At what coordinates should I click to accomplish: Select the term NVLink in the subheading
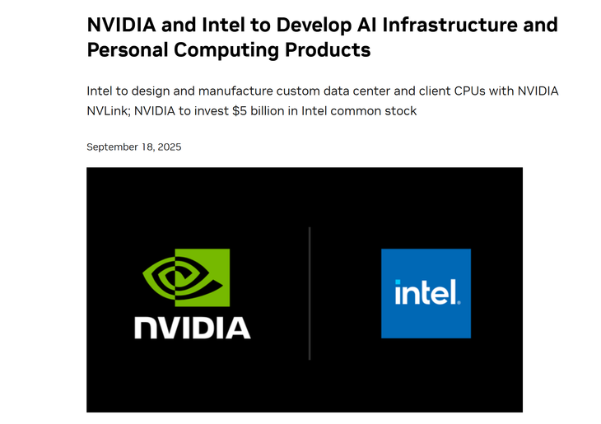click(x=109, y=110)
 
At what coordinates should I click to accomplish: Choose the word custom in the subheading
click(x=312, y=91)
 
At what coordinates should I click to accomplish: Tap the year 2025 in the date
click(x=168, y=147)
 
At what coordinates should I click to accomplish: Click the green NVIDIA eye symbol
click(x=186, y=277)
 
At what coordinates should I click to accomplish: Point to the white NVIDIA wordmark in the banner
click(x=193, y=327)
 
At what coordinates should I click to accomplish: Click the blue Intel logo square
click(x=426, y=293)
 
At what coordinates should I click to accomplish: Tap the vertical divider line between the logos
click(x=310, y=293)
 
